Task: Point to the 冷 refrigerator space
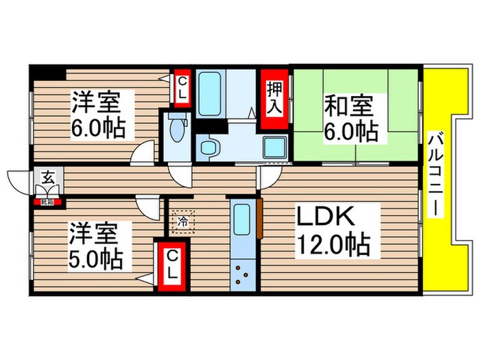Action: click(183, 221)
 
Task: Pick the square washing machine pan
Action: click(274, 146)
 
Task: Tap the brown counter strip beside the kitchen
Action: click(260, 219)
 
